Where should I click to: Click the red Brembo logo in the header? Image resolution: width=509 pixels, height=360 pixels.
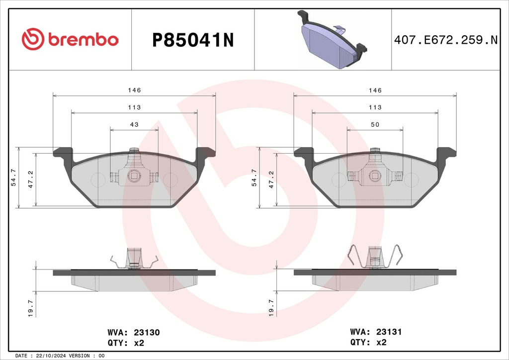click(70, 39)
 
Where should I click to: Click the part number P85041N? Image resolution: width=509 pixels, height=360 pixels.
click(193, 40)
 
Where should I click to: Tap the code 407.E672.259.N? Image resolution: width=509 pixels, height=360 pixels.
click(445, 40)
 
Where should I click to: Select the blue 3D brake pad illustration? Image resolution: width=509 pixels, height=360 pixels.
click(332, 40)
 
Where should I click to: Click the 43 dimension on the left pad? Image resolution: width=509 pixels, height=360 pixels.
click(134, 124)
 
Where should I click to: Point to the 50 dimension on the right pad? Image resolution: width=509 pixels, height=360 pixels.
click(375, 124)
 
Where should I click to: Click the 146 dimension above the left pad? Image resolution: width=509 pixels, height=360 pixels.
click(134, 90)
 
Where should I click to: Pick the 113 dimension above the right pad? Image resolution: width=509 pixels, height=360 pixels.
click(375, 107)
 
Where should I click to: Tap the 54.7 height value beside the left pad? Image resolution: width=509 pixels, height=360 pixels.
click(13, 178)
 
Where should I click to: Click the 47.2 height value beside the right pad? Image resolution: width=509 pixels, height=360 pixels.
click(271, 180)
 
